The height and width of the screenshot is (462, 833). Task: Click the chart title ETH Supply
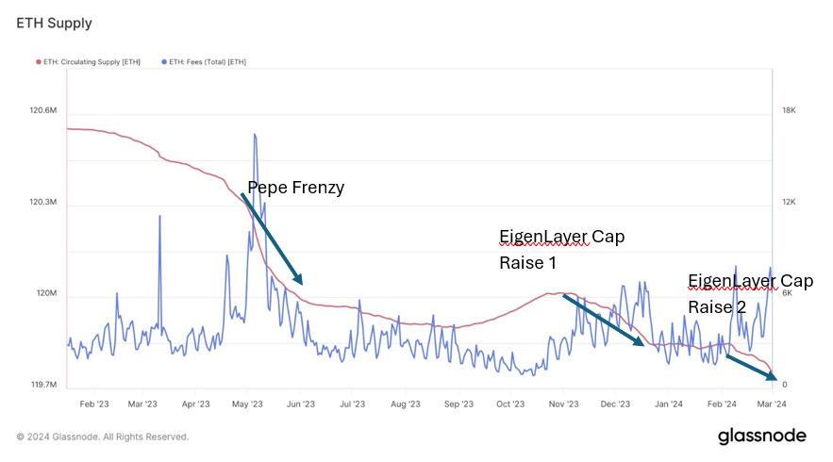tap(54, 23)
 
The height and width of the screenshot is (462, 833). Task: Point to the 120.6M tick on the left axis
tap(43, 111)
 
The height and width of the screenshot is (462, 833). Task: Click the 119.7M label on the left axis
tap(43, 385)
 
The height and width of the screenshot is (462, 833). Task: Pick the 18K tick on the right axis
tap(789, 111)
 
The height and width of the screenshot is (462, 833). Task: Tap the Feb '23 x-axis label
tap(93, 404)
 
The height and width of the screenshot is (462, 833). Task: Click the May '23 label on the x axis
tap(246, 404)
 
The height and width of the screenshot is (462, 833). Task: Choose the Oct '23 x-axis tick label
tap(510, 404)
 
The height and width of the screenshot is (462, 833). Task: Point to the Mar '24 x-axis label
tap(772, 404)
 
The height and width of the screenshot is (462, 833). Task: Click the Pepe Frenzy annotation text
tap(295, 188)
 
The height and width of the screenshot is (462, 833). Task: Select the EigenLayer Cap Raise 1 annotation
tap(560, 249)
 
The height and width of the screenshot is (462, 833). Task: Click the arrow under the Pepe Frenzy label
tap(272, 238)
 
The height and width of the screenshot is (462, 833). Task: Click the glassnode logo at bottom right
tap(762, 436)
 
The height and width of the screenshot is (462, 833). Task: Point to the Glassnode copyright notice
tap(103, 437)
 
